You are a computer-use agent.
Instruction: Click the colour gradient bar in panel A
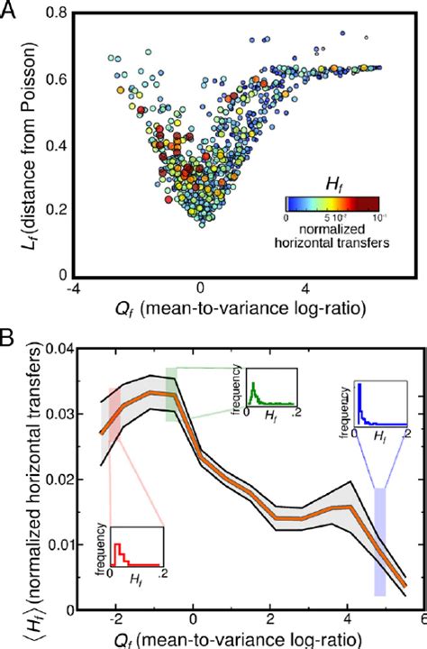[332, 203]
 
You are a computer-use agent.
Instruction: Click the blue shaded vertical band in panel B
[380, 541]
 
